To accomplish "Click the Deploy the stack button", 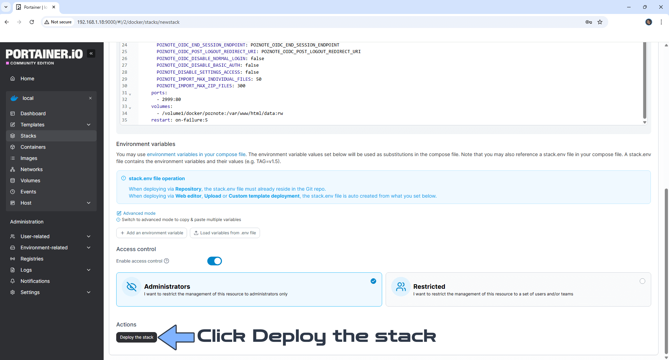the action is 136,337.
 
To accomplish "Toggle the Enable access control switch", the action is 215,261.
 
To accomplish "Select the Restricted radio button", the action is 642,281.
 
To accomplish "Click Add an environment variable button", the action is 151,233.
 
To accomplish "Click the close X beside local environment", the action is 90,98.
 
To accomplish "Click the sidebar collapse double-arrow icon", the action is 91,53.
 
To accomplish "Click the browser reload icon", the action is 32,22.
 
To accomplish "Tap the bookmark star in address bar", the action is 600,22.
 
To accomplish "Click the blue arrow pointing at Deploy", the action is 176,337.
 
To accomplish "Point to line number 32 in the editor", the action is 125,100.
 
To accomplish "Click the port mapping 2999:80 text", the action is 171,100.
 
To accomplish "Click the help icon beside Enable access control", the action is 166,261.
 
